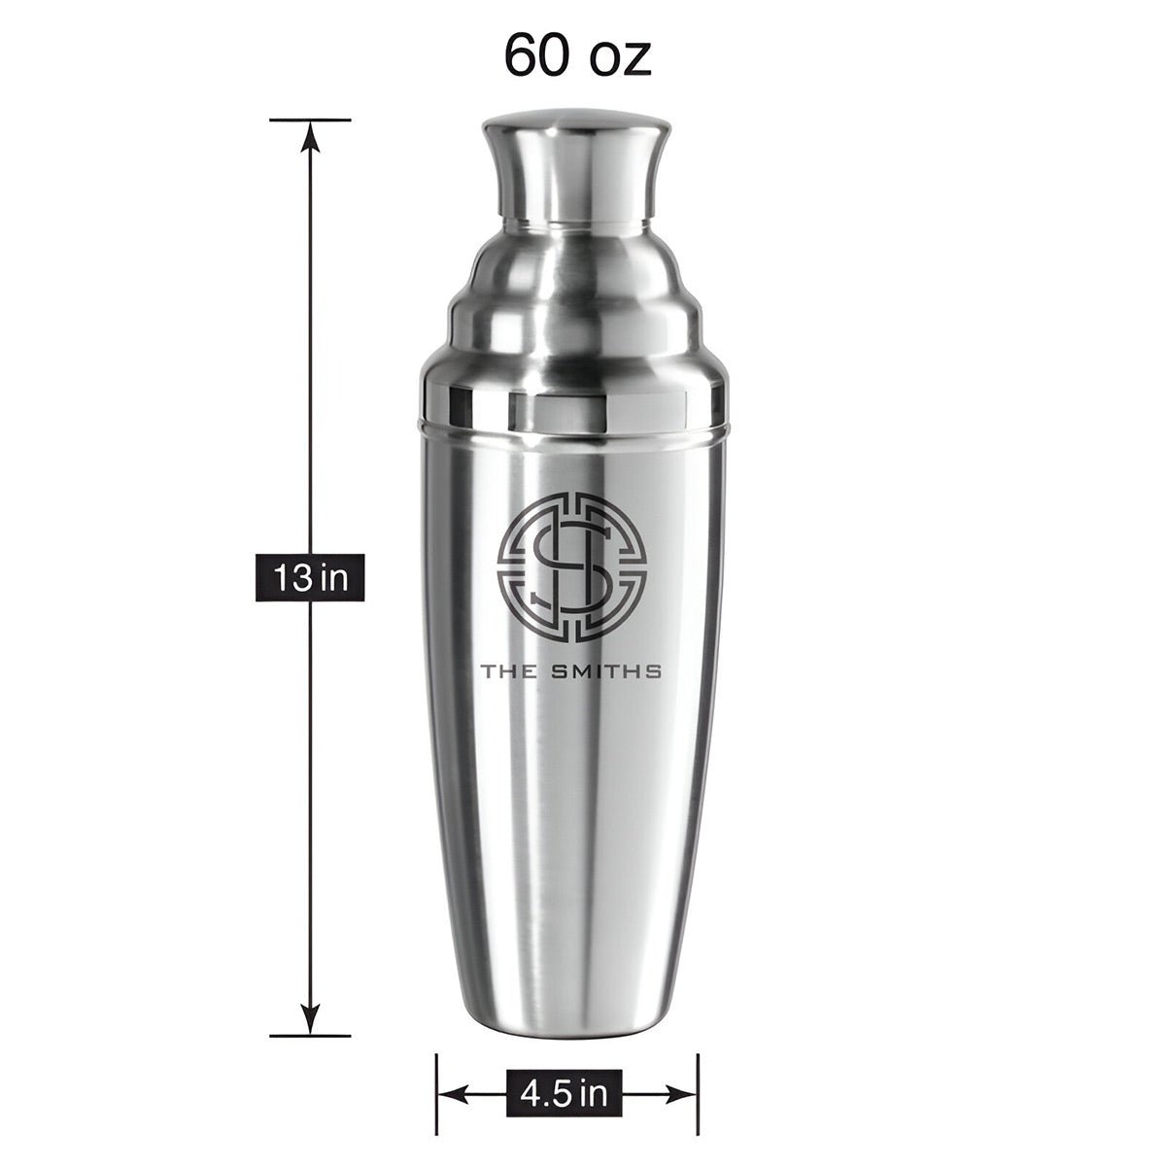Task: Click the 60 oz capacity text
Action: click(577, 55)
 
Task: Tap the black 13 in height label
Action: click(310, 577)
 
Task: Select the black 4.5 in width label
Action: click(564, 1077)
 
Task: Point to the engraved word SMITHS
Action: click(607, 671)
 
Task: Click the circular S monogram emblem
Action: click(571, 566)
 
